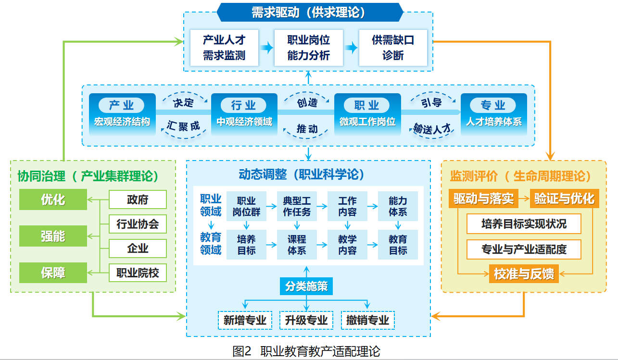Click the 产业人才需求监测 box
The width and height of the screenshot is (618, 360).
tap(224, 48)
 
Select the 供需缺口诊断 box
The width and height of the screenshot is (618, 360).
tap(393, 48)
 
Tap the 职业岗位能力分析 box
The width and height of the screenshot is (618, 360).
tap(308, 48)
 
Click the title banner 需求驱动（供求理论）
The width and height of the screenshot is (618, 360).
tap(310, 12)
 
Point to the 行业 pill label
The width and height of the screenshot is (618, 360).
tap(243, 105)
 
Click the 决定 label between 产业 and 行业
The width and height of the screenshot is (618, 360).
tap(183, 103)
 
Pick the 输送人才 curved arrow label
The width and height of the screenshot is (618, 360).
tap(432, 129)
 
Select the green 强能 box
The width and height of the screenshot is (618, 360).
tap(53, 236)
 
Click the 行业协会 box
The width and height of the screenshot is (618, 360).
tap(138, 224)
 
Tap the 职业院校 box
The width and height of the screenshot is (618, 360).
tap(138, 273)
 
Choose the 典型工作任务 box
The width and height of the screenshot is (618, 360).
tap(297, 206)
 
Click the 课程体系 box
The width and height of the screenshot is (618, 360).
tap(297, 245)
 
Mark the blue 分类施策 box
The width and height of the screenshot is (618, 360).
tap(306, 286)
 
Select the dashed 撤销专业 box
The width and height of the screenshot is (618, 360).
tap(368, 320)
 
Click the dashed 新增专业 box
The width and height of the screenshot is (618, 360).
tap(245, 320)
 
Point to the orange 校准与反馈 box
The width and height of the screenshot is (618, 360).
tap(524, 273)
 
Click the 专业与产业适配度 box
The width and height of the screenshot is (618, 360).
tap(524, 249)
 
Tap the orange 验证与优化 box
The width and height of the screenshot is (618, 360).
tap(565, 199)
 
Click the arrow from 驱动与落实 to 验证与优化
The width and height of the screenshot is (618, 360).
tap(524, 198)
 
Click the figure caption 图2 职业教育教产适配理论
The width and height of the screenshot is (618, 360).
tap(306, 351)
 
